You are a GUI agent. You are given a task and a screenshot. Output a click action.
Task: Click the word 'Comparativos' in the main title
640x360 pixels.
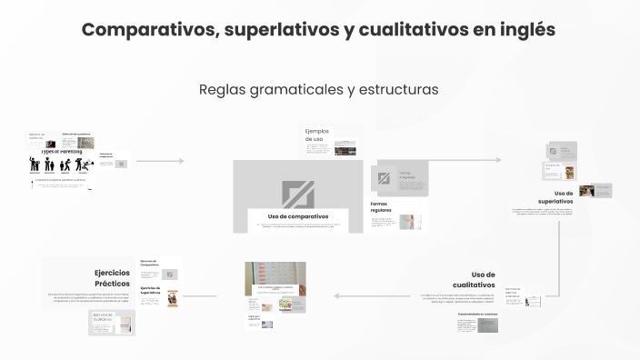[146, 30]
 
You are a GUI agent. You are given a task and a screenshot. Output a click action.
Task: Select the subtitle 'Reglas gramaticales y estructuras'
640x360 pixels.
[318, 90]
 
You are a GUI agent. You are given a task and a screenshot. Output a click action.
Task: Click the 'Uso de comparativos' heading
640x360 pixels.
[298, 215]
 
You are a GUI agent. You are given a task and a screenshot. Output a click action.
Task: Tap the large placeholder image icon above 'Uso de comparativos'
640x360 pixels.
[298, 194]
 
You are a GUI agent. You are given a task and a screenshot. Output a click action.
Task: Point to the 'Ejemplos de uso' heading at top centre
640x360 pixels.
[314, 135]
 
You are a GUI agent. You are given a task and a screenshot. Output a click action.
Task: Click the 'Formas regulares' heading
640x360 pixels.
[380, 206]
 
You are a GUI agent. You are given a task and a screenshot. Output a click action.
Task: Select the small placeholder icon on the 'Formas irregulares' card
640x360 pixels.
[384, 178]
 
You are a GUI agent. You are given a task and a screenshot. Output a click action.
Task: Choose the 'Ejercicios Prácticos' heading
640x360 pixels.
[113, 277]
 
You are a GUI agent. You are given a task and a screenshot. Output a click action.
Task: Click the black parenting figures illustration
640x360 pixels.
[57, 165]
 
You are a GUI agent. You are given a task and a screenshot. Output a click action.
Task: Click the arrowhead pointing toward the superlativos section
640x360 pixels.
[497, 159]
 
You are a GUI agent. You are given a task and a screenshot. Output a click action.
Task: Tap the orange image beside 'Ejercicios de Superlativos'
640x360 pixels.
[170, 296]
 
